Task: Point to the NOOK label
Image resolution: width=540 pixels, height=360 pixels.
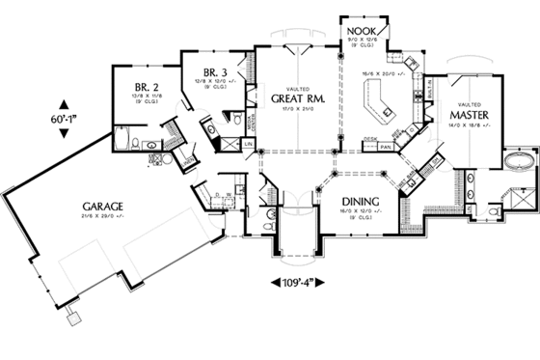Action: (x=364, y=32)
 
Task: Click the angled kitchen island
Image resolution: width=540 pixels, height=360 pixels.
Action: (x=378, y=98)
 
